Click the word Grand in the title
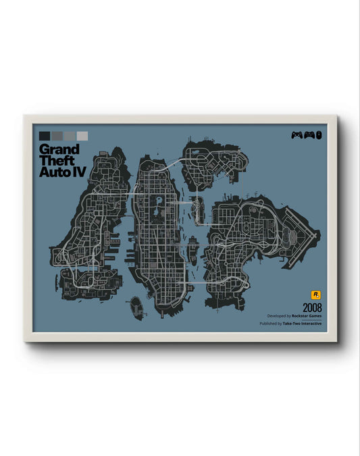[59, 149]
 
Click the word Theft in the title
[55, 161]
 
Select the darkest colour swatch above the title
[45, 136]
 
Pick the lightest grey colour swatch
[82, 136]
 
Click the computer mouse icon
[319, 135]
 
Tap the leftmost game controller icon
[297, 135]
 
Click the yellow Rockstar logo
[315, 295]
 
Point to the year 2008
[312, 307]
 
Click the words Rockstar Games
[307, 316]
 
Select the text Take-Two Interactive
[303, 324]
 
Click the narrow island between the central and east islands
[192, 252]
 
